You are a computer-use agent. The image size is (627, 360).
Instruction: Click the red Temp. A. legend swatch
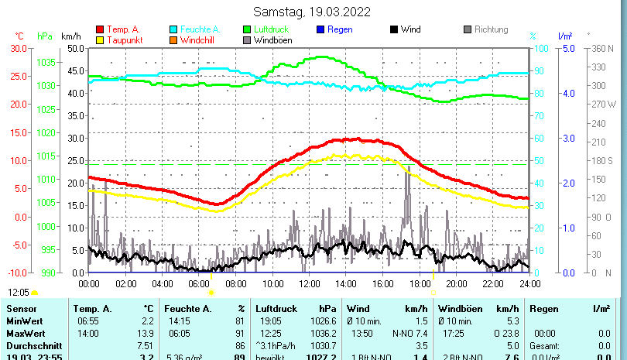click(x=100, y=29)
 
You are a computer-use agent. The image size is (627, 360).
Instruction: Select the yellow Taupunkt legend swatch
click(x=100, y=39)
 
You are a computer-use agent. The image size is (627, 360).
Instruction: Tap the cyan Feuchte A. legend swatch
click(x=174, y=29)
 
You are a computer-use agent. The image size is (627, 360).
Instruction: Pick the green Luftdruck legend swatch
click(x=247, y=29)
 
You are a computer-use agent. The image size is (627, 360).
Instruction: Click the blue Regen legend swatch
click(x=321, y=29)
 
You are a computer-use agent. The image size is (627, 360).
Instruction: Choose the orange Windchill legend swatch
click(x=174, y=39)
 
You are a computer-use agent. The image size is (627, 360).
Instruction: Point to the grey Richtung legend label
click(x=491, y=29)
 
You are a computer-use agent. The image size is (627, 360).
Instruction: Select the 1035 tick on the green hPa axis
click(x=46, y=62)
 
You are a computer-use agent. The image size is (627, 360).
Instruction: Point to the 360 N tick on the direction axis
click(x=602, y=48)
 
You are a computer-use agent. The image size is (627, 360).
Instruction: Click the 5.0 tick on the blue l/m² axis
click(x=567, y=48)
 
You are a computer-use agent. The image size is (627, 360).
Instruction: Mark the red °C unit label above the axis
click(x=19, y=36)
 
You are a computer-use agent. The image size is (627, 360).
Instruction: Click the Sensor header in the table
click(x=21, y=309)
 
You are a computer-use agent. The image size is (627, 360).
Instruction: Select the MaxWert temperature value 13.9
click(x=147, y=332)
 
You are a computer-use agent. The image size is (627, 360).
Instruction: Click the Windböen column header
click(x=463, y=309)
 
